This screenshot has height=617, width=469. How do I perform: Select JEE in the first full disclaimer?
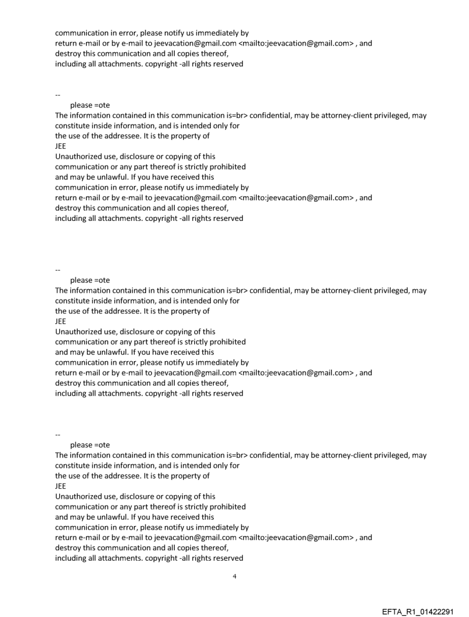click(60, 146)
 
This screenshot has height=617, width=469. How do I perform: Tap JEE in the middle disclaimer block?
click(60, 321)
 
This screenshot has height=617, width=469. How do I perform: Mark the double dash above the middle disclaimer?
click(57, 270)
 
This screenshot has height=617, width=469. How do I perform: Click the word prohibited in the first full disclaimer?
click(227, 167)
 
